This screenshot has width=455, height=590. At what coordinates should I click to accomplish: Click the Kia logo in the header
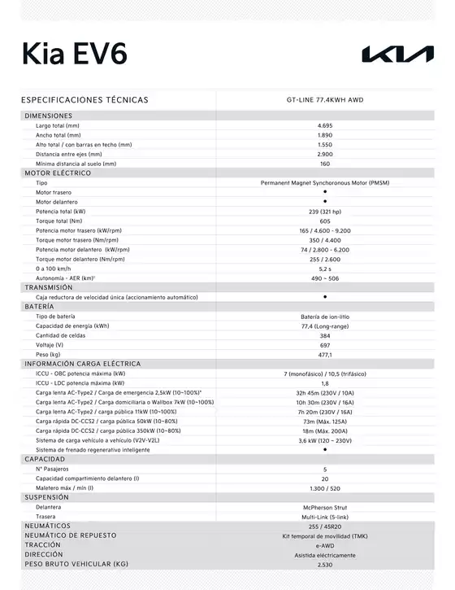click(x=397, y=55)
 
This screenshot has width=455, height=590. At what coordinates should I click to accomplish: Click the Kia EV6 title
click(x=74, y=53)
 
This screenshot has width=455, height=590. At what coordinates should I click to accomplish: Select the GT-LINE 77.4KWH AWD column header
click(x=325, y=99)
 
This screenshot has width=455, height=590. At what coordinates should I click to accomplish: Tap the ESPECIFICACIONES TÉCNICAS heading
click(x=84, y=99)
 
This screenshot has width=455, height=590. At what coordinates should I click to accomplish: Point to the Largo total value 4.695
click(x=325, y=126)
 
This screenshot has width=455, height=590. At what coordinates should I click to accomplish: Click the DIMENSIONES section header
click(x=48, y=116)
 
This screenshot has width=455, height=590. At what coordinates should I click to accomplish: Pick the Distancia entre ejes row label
click(x=68, y=154)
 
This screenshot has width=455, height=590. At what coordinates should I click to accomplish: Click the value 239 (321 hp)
click(x=325, y=211)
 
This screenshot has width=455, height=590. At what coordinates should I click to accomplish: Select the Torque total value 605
click(x=325, y=221)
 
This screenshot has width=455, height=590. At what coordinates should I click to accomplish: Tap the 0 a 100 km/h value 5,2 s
click(x=325, y=268)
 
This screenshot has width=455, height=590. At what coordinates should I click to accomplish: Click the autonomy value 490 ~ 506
click(x=325, y=278)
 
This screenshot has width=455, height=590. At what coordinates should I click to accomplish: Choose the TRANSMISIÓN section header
click(x=49, y=287)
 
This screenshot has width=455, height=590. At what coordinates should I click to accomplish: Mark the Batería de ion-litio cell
click(x=325, y=316)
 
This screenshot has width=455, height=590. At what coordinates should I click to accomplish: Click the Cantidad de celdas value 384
click(x=325, y=335)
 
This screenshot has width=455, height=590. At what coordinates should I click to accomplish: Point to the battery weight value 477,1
click(x=325, y=354)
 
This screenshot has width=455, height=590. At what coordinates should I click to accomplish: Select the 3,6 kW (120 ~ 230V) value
click(x=325, y=440)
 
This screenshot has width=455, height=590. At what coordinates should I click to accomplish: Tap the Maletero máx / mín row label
click(x=64, y=487)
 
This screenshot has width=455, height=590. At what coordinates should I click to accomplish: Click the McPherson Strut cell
click(x=325, y=507)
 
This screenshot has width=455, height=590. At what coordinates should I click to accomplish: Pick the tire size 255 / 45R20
click(x=325, y=526)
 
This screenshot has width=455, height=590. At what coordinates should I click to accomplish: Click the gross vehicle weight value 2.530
click(x=325, y=563)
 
